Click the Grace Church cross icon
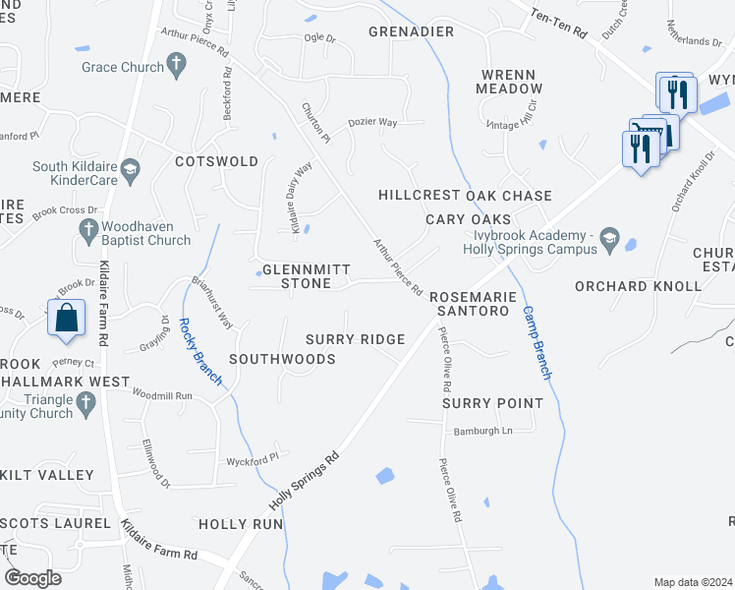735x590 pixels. point(176,67)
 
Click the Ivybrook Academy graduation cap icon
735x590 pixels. point(609,238)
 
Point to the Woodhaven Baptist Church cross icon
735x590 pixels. point(87,228)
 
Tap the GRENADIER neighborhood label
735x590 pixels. point(411,31)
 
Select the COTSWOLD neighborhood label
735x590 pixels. point(216,161)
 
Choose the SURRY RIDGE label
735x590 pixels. point(355,339)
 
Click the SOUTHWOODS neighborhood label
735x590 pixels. point(282,359)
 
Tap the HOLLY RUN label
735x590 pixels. point(241,524)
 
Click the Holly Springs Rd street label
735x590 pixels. point(305,481)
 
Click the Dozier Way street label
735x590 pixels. point(372,123)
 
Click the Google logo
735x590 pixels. point(33,578)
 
